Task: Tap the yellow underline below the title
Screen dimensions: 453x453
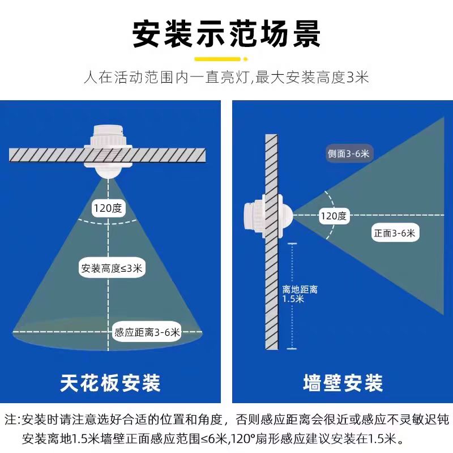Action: (x=226, y=58)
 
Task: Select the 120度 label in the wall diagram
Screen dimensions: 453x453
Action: (x=334, y=215)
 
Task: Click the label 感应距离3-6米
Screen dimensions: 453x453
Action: (x=147, y=332)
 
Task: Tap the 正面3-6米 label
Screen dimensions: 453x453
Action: (x=394, y=232)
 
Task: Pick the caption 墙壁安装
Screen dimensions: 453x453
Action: (x=342, y=383)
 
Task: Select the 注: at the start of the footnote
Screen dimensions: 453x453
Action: (x=12, y=420)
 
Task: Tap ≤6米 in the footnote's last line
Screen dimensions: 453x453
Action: (x=214, y=438)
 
